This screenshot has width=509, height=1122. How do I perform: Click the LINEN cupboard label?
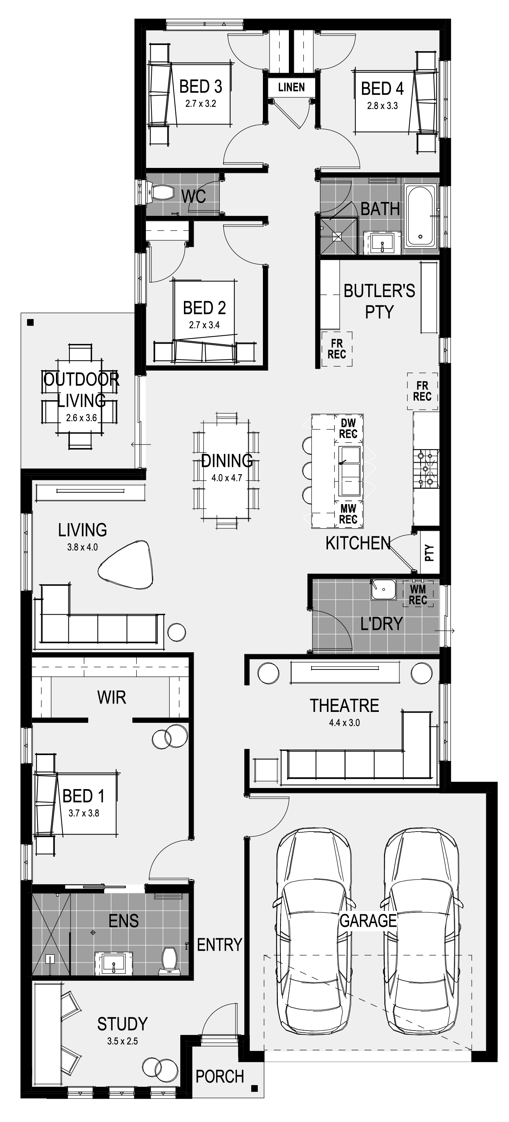tap(291, 87)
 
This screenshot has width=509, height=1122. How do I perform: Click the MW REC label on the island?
tap(348, 514)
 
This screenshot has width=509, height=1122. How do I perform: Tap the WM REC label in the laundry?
tap(418, 594)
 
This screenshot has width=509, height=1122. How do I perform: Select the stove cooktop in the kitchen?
tap(426, 469)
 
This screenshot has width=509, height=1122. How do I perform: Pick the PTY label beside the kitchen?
tap(429, 553)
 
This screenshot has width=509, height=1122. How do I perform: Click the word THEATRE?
tap(344, 706)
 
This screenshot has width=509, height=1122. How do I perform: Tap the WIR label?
tap(112, 697)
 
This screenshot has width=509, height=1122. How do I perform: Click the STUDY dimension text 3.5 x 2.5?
tap(122, 1041)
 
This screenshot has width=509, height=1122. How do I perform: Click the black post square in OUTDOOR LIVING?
tap(30, 322)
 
